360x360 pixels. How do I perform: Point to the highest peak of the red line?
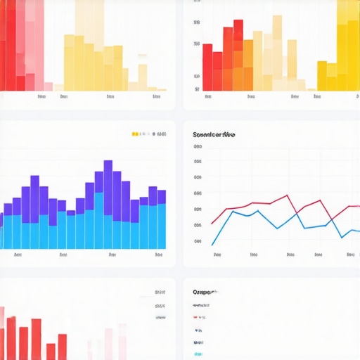tap(286, 195)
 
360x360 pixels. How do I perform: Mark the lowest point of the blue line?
tap(213, 244)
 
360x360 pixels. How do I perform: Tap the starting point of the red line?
tap(212, 224)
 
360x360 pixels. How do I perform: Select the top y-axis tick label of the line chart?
tap(198, 148)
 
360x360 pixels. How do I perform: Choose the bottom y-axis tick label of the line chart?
tap(198, 241)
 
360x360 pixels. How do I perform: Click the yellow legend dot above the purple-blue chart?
tap(134, 134)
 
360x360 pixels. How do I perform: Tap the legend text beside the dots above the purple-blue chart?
tap(162, 134)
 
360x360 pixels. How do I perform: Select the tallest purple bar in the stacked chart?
tap(108, 176)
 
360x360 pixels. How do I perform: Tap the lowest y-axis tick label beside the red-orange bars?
tap(198, 89)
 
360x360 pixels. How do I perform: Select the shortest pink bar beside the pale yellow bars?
tap(48, 87)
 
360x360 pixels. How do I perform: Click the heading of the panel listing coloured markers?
tap(205, 291)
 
